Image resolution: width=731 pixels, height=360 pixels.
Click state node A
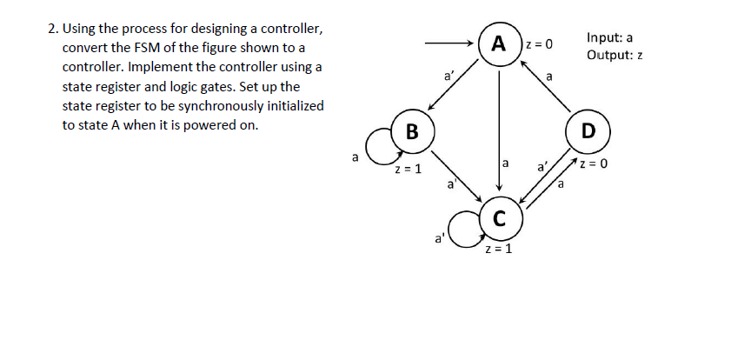[499, 43]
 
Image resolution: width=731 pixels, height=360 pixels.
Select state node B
[413, 131]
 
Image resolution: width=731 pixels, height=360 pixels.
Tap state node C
[499, 217]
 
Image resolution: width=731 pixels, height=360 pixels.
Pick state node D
[588, 131]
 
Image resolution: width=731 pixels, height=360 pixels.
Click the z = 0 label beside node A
[538, 44]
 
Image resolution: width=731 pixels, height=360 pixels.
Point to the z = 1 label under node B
[408, 170]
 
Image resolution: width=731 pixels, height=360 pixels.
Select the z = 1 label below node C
[498, 249]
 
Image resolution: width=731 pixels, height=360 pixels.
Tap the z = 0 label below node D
[594, 163]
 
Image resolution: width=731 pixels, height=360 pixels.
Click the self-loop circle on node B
[367, 147]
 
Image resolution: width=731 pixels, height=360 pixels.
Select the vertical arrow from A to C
[499, 131]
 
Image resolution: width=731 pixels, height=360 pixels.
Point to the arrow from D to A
[546, 87]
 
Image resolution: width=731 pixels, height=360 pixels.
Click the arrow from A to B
[453, 85]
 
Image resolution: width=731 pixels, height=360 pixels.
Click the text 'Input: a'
[609, 37]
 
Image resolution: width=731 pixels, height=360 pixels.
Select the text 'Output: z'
[615, 55]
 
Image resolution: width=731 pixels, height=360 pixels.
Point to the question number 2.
[53, 29]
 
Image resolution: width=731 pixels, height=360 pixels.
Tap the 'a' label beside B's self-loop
[355, 157]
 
